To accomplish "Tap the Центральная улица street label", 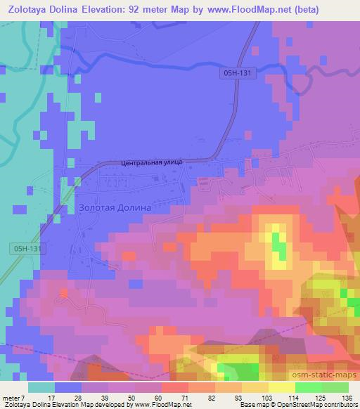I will [x=152, y=162].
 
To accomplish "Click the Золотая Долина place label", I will [x=115, y=208].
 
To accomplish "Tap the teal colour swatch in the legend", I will [x=41, y=387].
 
